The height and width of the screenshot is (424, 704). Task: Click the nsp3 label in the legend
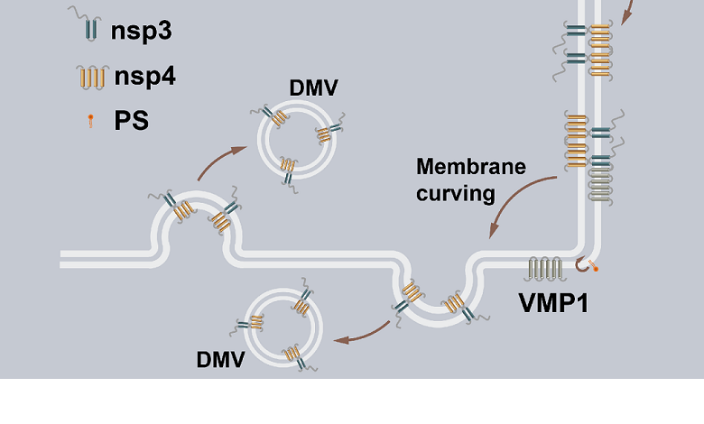[141, 32]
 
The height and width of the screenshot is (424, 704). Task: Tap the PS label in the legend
[131, 120]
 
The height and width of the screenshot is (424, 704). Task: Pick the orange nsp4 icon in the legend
[89, 77]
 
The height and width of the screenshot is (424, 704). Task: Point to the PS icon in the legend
[90, 121]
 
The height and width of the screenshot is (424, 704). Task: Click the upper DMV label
[313, 88]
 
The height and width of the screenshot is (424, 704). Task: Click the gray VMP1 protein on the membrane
[546, 269]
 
